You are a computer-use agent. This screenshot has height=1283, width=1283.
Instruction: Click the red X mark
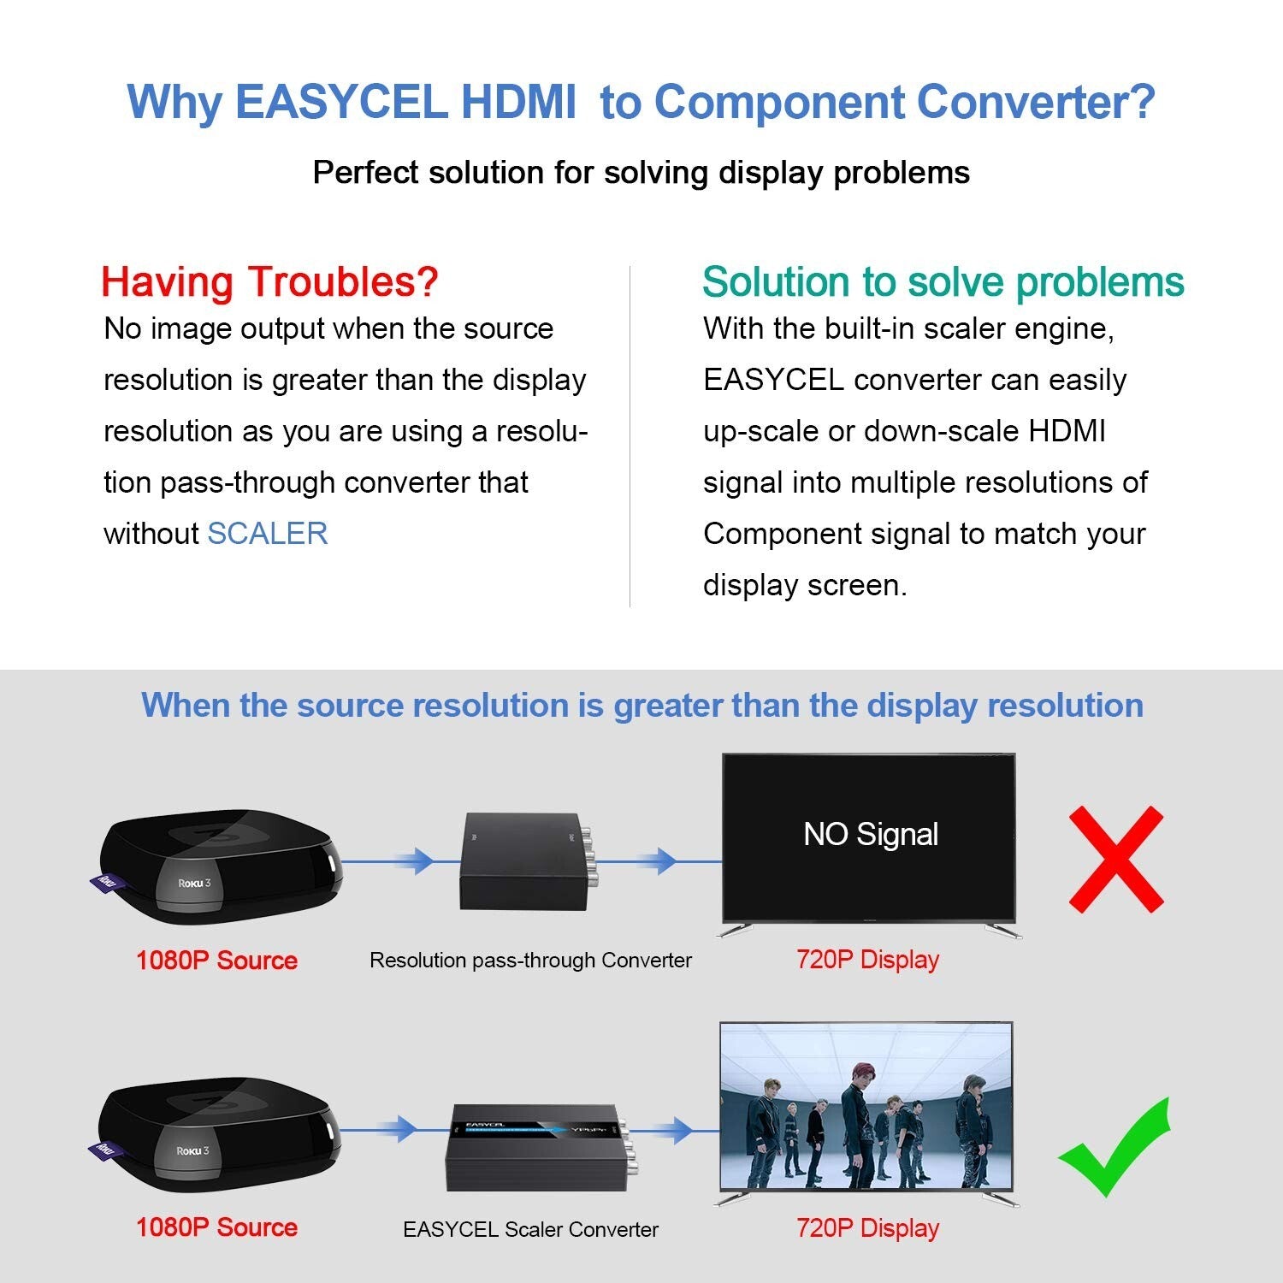pyautogui.click(x=1116, y=859)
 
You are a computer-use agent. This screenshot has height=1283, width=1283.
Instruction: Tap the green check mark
pyautogui.click(x=1114, y=1149)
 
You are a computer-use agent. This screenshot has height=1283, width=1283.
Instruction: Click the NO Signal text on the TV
pyautogui.click(x=871, y=834)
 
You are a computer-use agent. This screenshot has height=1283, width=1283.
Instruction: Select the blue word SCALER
pyautogui.click(x=268, y=534)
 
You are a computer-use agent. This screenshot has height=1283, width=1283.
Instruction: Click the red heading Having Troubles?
pyautogui.click(x=269, y=281)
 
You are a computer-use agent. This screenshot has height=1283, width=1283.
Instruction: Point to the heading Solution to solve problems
pyautogui.click(x=943, y=281)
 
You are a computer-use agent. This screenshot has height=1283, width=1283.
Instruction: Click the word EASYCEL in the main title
pyautogui.click(x=340, y=102)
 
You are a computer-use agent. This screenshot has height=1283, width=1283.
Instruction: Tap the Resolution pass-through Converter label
pyautogui.click(x=530, y=961)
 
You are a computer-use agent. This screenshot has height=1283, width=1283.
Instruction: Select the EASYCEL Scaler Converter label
pyautogui.click(x=530, y=1229)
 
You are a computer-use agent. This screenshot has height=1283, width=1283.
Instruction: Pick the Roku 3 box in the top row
pyautogui.click(x=221, y=866)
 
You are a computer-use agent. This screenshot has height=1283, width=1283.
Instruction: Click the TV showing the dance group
pyautogui.click(x=866, y=1105)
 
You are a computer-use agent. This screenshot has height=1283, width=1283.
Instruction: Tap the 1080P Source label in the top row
pyautogui.click(x=216, y=961)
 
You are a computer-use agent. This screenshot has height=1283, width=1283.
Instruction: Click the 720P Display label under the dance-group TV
pyautogui.click(x=867, y=1228)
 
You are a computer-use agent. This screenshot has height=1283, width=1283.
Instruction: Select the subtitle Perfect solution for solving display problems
pyautogui.click(x=641, y=173)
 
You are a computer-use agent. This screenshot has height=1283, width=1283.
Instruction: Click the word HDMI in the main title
pyautogui.click(x=518, y=102)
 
